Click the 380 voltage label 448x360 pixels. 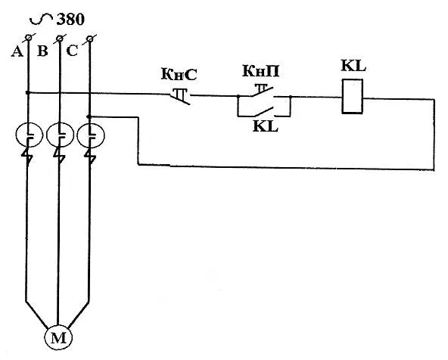pos(70,20)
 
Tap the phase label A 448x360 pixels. pos(17,51)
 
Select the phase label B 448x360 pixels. pos(42,51)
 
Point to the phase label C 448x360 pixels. pos(72,51)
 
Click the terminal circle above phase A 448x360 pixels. pos(28,37)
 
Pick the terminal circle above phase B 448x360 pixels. pos(59,38)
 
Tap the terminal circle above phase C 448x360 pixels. pos(90,39)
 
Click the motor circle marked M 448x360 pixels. pos(58,337)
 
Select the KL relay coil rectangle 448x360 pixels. pos(353,97)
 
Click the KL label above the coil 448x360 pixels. pos(353,66)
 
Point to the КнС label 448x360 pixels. pos(179,75)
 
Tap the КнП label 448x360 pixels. pos(260,71)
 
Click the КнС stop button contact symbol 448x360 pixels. pos(180,96)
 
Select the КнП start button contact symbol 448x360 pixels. pos(263,92)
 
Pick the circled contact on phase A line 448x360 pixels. pos(30,135)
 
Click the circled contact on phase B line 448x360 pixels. pos(60,135)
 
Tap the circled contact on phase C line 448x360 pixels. pos(91,135)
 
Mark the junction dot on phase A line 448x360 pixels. pos(28,92)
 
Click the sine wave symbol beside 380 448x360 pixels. pos(42,19)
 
